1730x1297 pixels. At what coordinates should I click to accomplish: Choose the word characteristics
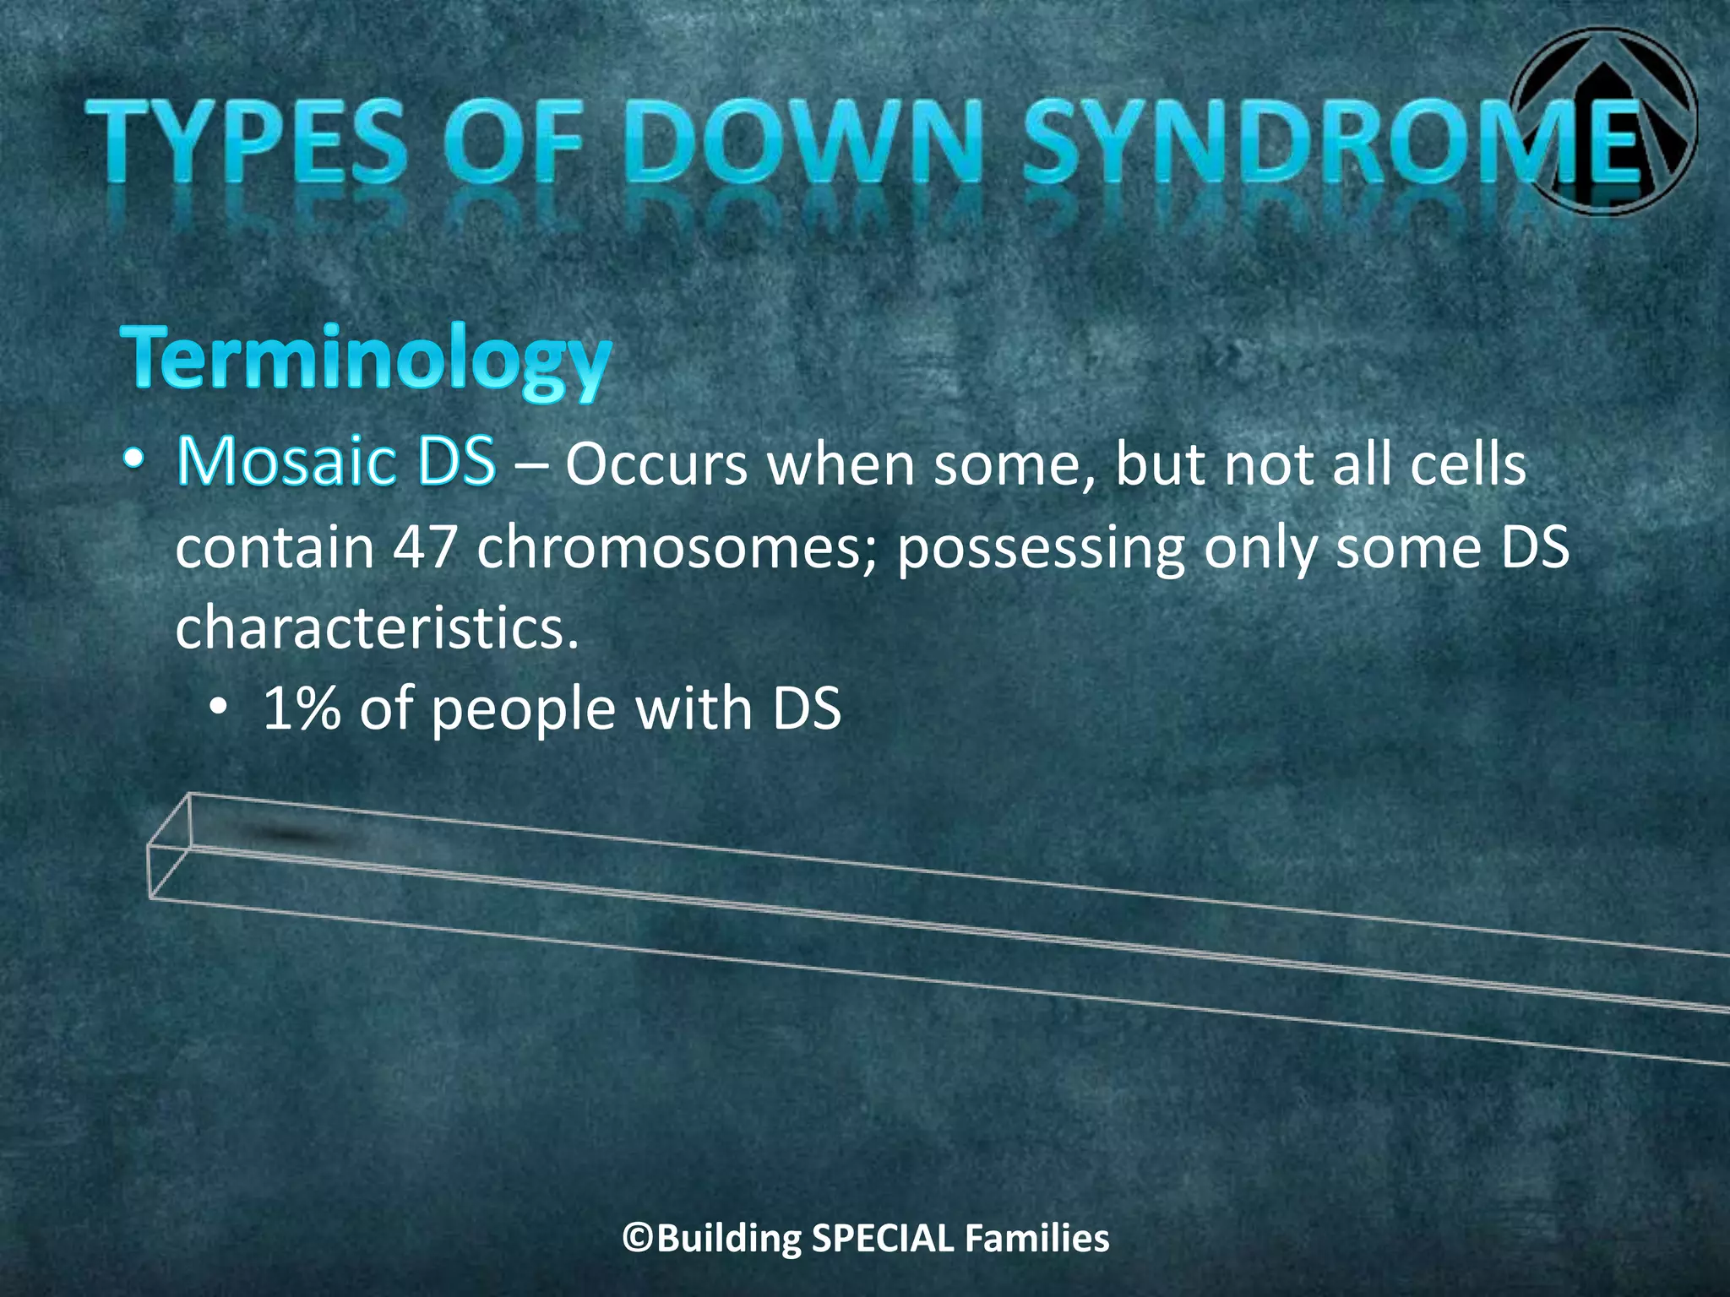pos(377,628)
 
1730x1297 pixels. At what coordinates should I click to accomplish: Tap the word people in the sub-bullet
pos(524,709)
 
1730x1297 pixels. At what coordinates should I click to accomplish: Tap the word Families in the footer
pos(1037,1239)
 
